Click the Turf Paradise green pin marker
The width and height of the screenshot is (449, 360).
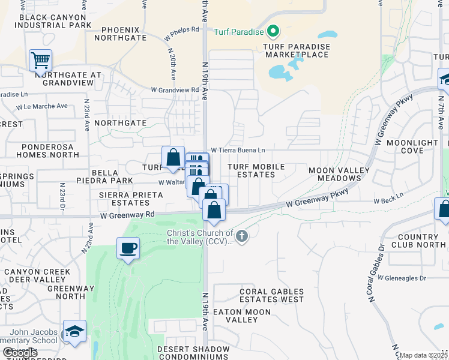pyautogui.click(x=273, y=30)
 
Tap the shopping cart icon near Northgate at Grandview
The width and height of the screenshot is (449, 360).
pyautogui.click(x=40, y=59)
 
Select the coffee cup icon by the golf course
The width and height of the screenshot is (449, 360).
pyautogui.click(x=128, y=248)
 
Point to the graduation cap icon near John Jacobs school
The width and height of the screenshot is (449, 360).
pyautogui.click(x=74, y=331)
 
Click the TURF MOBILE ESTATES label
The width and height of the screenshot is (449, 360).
pyautogui.click(x=259, y=170)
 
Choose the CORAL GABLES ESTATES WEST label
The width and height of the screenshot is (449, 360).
pyautogui.click(x=271, y=295)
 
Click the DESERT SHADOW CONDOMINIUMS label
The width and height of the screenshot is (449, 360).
pyautogui.click(x=193, y=352)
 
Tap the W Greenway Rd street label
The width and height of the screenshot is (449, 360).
pyautogui.click(x=128, y=214)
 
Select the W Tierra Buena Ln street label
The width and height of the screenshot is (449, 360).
pyautogui.click(x=237, y=150)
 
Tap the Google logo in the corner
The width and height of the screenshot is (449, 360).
pyautogui.click(x=20, y=352)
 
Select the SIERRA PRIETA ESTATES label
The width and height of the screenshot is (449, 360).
pyautogui.click(x=131, y=199)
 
